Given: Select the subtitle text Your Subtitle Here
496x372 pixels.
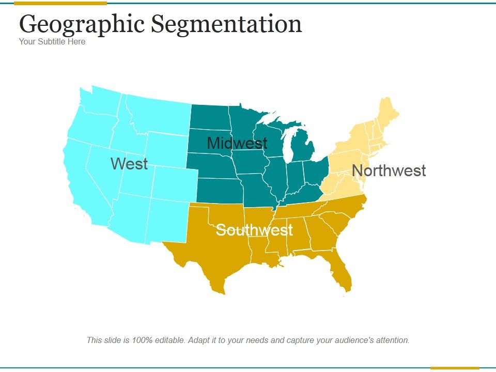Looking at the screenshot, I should point(52,41).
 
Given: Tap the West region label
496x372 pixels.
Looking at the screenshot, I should point(129,164).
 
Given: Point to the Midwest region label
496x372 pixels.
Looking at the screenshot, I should point(237,143).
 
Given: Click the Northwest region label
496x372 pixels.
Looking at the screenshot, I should point(389,171).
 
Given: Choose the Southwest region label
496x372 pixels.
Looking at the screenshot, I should point(254,230).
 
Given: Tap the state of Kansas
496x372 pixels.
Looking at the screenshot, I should point(217,190).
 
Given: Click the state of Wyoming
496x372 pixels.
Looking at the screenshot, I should point(166,149).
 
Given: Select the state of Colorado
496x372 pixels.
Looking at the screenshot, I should point(174,183).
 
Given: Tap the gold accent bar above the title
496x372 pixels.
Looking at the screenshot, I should point(60,3).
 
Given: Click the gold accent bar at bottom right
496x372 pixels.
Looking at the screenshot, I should point(455,368).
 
